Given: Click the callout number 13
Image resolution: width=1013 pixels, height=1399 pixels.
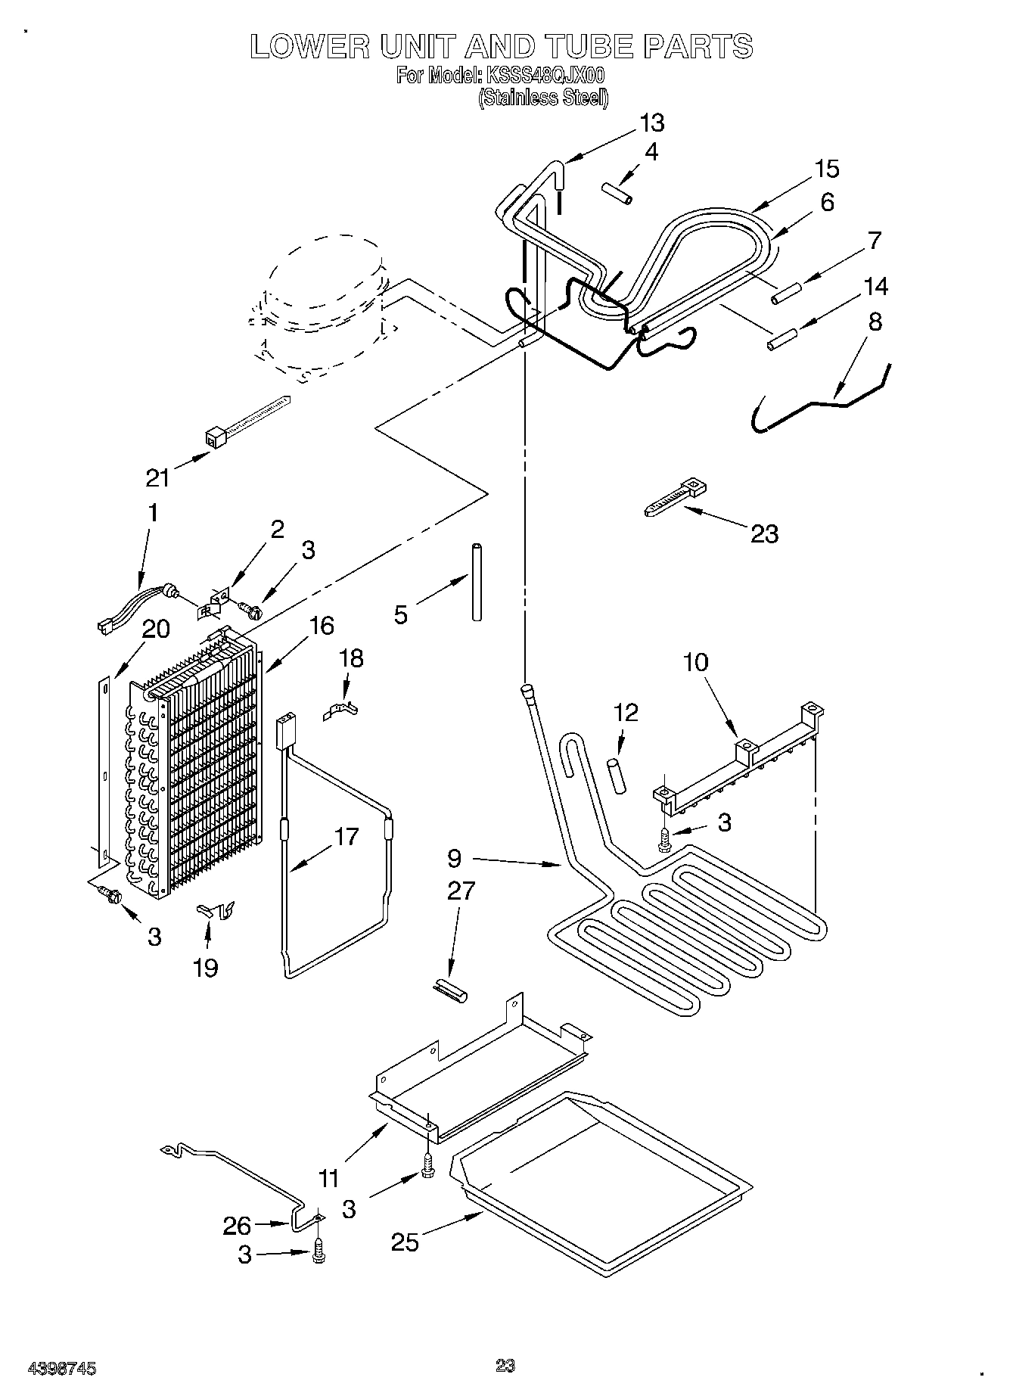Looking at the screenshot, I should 651,123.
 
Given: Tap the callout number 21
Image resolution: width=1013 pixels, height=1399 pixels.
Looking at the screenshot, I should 158,477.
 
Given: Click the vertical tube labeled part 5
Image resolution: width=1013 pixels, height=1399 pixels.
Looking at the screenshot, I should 477,581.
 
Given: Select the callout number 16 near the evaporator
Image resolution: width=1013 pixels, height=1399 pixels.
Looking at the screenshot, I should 321,626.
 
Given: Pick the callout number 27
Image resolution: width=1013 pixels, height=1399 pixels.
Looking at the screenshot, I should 461,891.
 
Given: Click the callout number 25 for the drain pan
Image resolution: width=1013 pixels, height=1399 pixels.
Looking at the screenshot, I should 405,1242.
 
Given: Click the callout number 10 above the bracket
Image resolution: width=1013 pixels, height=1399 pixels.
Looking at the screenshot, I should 695,662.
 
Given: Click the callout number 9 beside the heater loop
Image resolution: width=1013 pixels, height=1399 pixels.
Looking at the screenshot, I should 454,858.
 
